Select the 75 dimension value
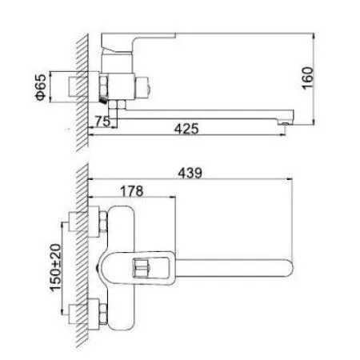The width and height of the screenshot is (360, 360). [101, 121]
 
